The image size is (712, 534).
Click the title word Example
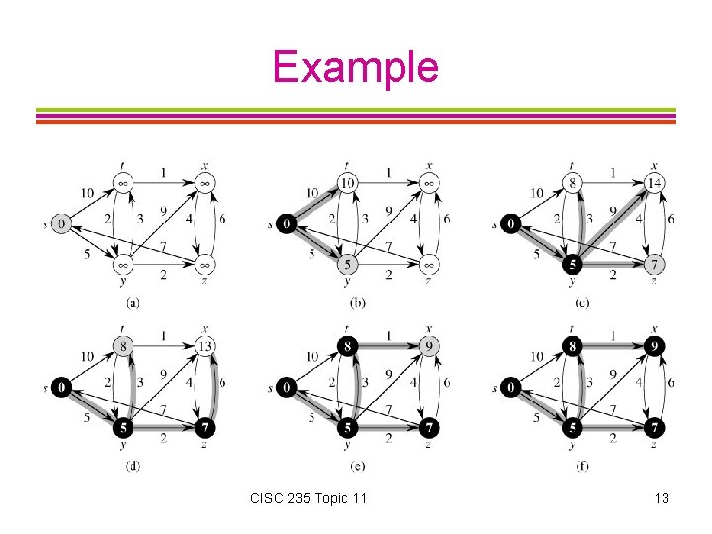pos(355,67)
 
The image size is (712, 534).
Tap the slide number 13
pos(661,498)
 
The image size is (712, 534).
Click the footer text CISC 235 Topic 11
pos(309,498)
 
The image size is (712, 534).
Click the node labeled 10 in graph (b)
pos(346,183)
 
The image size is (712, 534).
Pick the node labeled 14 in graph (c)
pos(655,183)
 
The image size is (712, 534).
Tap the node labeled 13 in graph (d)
pos(204,346)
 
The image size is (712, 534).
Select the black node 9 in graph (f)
pos(655,346)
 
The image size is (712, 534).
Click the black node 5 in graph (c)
pos(573,265)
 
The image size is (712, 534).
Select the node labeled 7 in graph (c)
pos(655,265)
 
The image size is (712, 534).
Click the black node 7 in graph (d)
pos(204,428)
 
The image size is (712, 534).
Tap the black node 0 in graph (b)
pos(286,224)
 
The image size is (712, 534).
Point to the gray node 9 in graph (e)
pos(429,346)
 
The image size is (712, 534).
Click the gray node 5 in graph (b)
pos(346,265)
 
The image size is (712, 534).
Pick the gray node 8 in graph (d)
pos(122,346)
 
